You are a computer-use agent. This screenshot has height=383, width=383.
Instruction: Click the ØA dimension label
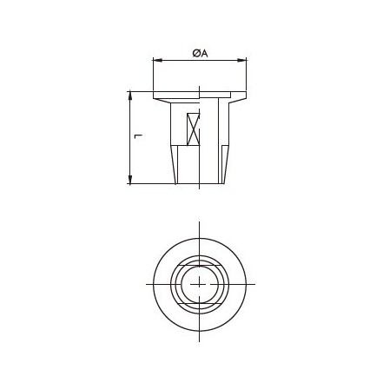click(x=200, y=53)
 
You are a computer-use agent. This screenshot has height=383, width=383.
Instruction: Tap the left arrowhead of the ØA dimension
click(x=155, y=61)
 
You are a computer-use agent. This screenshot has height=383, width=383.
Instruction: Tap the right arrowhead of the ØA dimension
click(x=244, y=61)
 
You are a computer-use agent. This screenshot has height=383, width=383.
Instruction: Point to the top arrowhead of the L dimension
click(x=130, y=94)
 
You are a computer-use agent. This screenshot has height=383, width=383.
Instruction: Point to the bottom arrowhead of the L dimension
click(x=130, y=181)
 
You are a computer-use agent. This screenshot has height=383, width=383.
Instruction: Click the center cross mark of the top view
click(x=200, y=284)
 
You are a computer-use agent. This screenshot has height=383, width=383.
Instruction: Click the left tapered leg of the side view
click(x=175, y=164)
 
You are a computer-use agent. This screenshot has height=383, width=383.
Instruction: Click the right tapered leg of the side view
click(x=224, y=164)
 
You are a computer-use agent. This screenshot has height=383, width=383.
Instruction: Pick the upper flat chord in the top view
click(x=200, y=263)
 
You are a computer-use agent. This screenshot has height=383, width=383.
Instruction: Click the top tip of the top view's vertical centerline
click(x=200, y=222)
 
